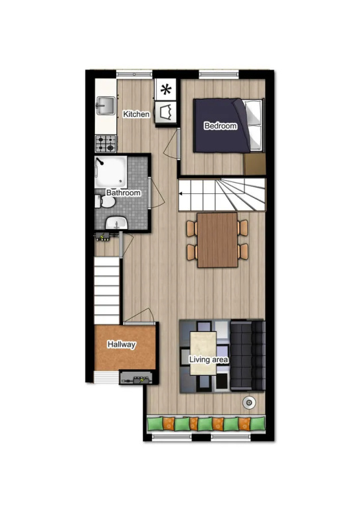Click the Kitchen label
(136, 114)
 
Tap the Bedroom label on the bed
(221, 126)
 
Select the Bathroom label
(124, 193)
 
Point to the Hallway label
(122, 344)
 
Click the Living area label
(209, 359)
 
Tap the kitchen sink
(106, 106)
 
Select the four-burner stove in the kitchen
(106, 143)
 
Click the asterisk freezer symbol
(166, 90)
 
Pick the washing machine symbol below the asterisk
(166, 112)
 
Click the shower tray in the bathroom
(110, 172)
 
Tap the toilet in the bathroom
(105, 202)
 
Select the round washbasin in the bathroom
(116, 223)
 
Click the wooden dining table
(218, 240)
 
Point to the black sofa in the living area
(248, 355)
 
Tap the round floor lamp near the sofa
(249, 403)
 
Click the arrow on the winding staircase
(180, 194)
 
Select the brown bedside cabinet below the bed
(255, 164)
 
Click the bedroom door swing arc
(170, 145)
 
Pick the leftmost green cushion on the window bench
(155, 424)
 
